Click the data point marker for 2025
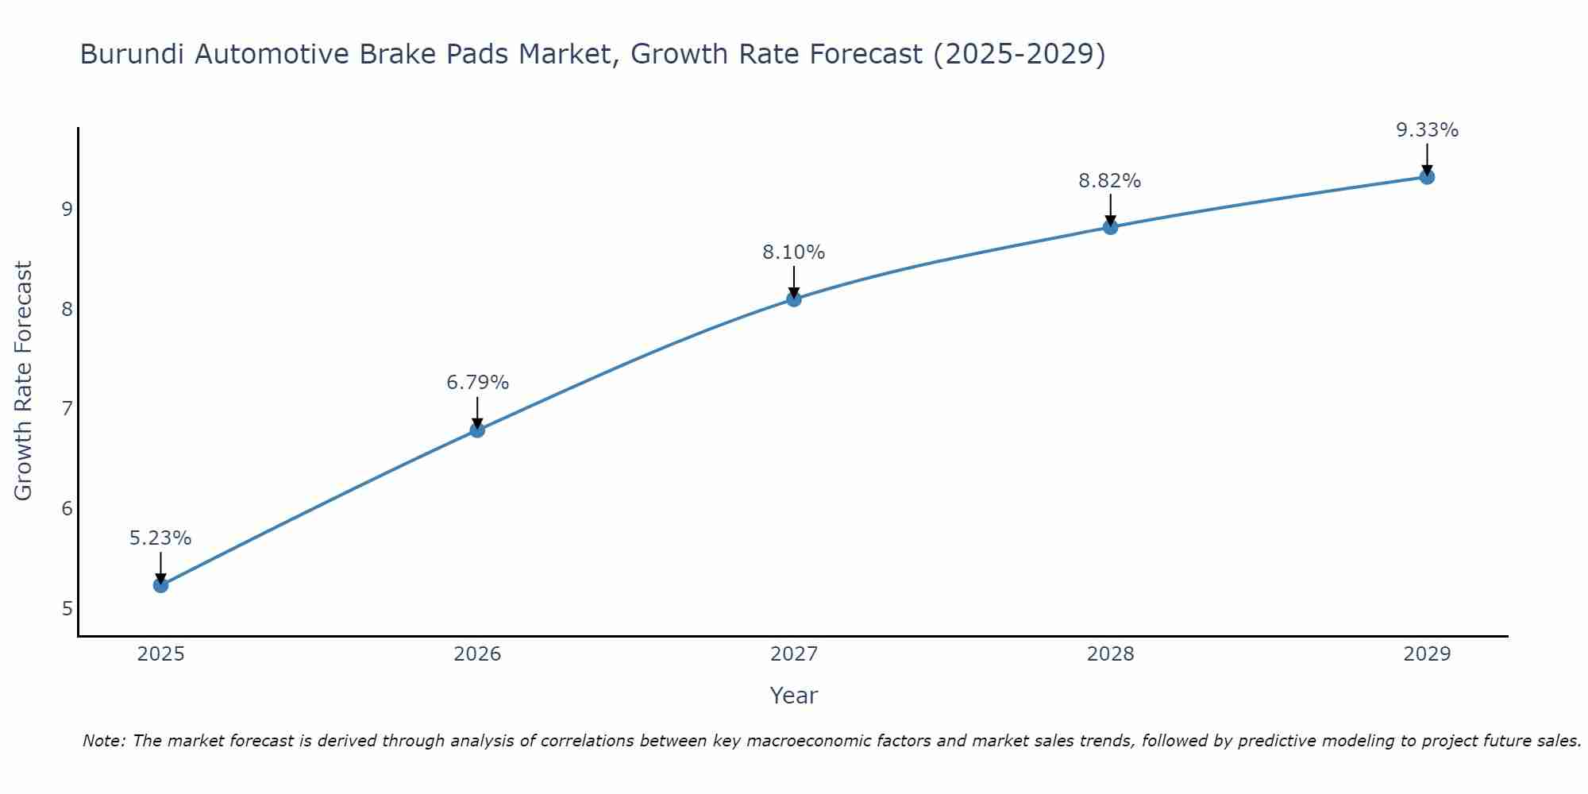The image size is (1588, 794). coord(160,585)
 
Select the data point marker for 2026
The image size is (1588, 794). coord(477,430)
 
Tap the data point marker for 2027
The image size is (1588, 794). coord(794,299)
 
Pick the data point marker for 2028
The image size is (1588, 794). coord(1110,227)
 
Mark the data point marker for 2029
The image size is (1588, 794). coord(1427,176)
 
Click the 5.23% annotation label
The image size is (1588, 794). coord(160,538)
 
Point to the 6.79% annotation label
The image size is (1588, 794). coord(477,383)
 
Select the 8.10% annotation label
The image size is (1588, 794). coord(794,252)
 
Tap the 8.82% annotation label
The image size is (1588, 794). coord(1110,181)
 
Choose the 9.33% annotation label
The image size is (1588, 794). coord(1427,130)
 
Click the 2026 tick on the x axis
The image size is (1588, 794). coord(477,654)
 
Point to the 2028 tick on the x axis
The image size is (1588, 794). coord(1110,654)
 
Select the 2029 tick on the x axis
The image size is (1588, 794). coord(1427,654)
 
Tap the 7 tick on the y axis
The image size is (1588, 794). coord(67,409)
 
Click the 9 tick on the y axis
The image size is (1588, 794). coord(67,210)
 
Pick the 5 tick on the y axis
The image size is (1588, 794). coord(67,609)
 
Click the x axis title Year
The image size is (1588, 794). coord(794,696)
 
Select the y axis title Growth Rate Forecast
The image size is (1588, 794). coord(24,381)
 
